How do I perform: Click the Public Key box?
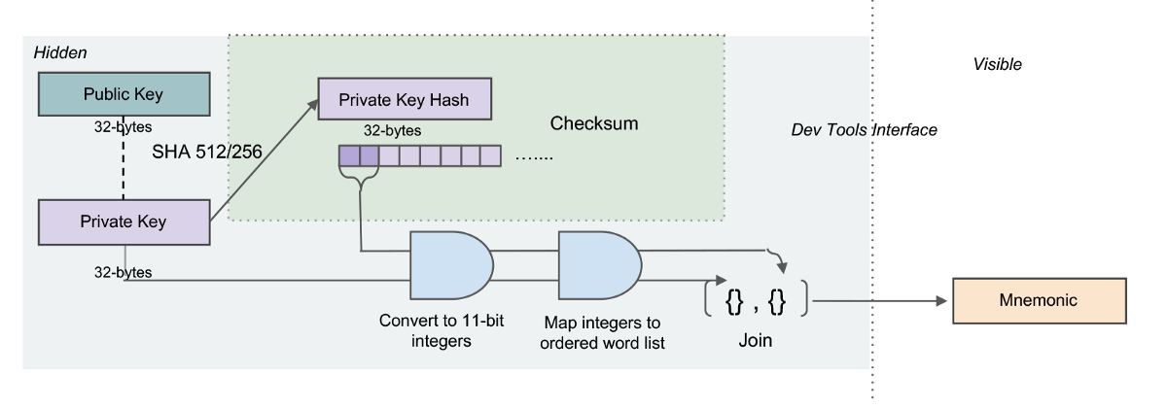click(123, 94)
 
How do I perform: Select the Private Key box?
click(123, 222)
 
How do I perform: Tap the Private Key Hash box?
click(405, 99)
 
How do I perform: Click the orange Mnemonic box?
click(1038, 301)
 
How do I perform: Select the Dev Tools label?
click(829, 130)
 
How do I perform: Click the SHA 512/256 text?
click(206, 153)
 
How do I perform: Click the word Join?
click(755, 342)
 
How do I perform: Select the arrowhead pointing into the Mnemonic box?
click(942, 301)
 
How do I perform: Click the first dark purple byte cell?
click(348, 153)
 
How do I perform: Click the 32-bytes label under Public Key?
click(123, 127)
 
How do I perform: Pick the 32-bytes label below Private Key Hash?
click(393, 129)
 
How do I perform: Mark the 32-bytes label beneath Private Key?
click(123, 273)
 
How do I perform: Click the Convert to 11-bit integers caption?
click(428, 330)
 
